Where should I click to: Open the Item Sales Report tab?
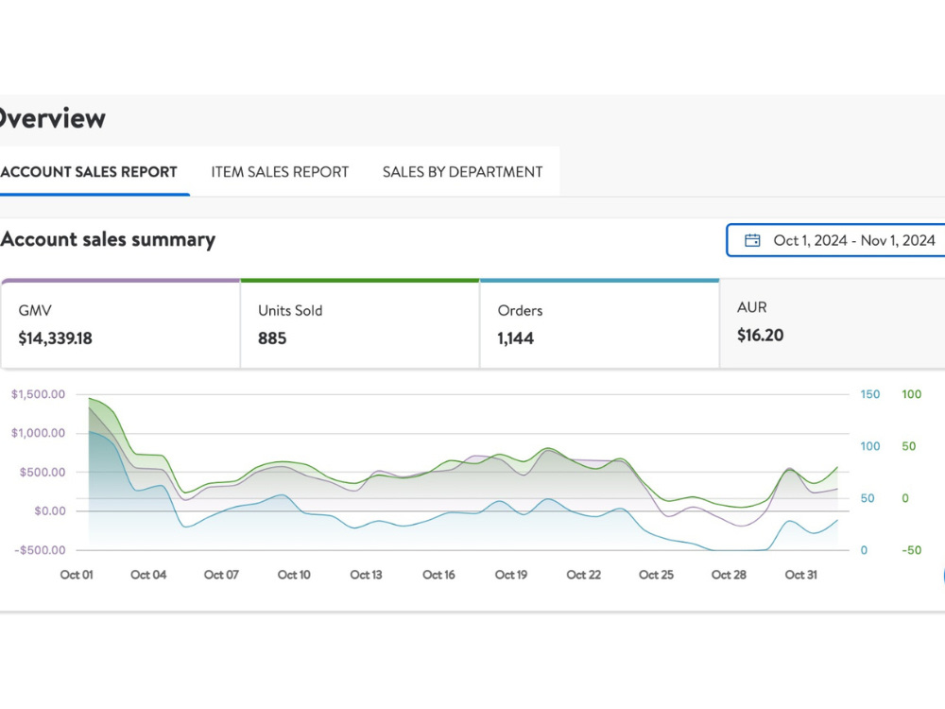pyautogui.click(x=280, y=172)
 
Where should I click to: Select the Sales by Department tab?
pyautogui.click(x=462, y=172)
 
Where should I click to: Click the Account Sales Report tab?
pyautogui.click(x=89, y=172)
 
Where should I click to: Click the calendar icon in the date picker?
pyautogui.click(x=752, y=240)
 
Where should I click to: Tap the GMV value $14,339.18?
pyautogui.click(x=56, y=338)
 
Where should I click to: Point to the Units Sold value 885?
pyautogui.click(x=272, y=338)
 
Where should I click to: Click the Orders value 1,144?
pyautogui.click(x=515, y=338)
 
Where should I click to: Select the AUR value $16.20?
pyautogui.click(x=760, y=336)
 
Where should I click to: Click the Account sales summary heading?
pyautogui.click(x=108, y=239)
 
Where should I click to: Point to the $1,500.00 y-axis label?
pyautogui.click(x=38, y=394)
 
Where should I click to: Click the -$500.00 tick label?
pyautogui.click(x=41, y=550)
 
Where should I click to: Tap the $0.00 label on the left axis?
pyautogui.click(x=50, y=511)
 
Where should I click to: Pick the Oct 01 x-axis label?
pyautogui.click(x=77, y=575)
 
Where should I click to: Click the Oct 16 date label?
pyautogui.click(x=438, y=575)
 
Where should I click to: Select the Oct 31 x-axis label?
pyautogui.click(x=801, y=575)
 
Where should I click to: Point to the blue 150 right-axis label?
pyautogui.click(x=869, y=394)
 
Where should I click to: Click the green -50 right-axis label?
pyautogui.click(x=911, y=550)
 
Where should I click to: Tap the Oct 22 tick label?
pyautogui.click(x=583, y=575)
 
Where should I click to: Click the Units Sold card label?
pyautogui.click(x=290, y=310)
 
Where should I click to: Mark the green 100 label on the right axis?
pyautogui.click(x=911, y=394)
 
